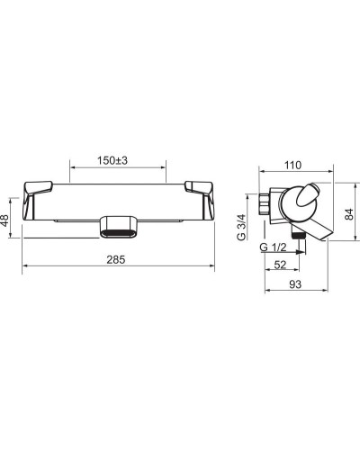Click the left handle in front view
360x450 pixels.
coord(37,190)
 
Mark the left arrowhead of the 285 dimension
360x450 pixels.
coord(24,267)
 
